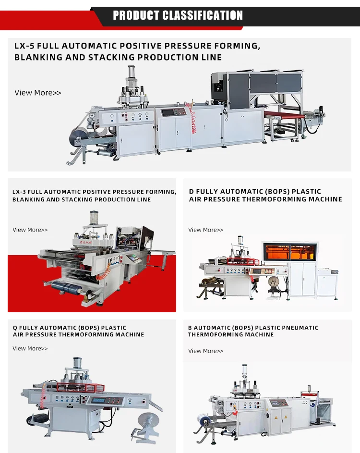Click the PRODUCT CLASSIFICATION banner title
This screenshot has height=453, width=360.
tap(178, 15)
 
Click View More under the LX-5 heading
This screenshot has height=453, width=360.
tap(38, 93)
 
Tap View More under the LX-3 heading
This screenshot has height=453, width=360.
tap(30, 230)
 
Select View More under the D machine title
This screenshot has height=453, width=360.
tap(206, 230)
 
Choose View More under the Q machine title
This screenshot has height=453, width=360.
tap(30, 349)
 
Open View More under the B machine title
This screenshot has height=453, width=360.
tap(206, 351)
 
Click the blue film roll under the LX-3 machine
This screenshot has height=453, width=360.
tap(68, 287)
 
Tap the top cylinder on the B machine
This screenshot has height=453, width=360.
tap(245, 372)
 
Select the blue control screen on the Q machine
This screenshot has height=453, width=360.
tap(99, 400)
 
